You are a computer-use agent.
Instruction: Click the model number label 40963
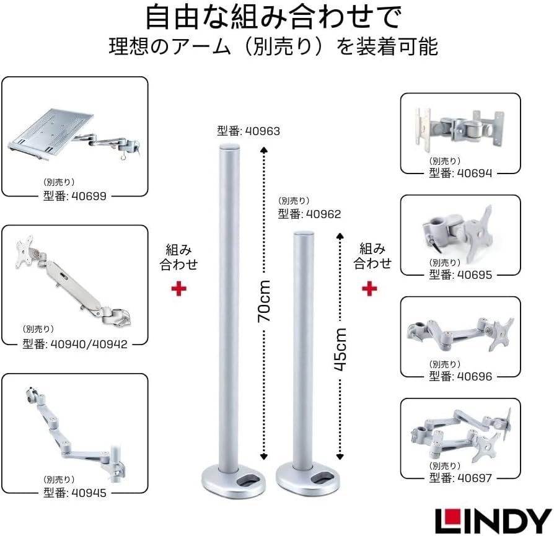(x=248, y=131)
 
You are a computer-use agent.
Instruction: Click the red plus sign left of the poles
(x=179, y=289)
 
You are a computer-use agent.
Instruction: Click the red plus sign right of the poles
(x=370, y=288)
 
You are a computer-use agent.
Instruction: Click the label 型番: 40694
(x=460, y=174)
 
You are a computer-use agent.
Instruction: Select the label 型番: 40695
(x=460, y=275)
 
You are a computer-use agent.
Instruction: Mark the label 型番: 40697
(x=460, y=478)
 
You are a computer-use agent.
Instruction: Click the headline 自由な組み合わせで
(x=273, y=18)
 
